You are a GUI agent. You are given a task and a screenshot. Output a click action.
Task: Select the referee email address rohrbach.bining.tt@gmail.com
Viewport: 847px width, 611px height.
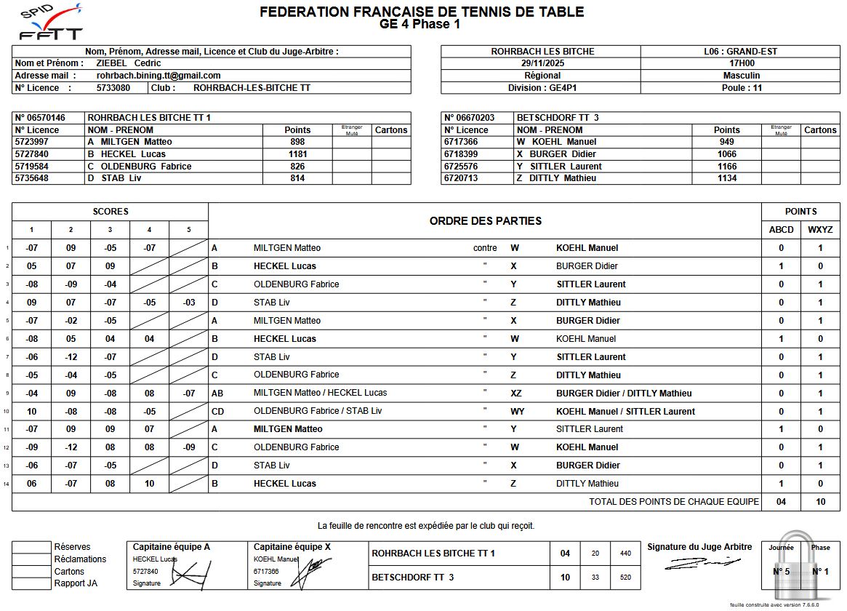click(x=158, y=76)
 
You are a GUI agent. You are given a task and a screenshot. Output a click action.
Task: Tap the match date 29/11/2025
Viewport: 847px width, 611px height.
click(x=542, y=63)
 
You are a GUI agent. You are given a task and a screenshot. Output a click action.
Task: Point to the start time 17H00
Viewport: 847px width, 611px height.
click(x=742, y=63)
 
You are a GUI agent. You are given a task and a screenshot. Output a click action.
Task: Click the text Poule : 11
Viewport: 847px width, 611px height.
click(x=742, y=88)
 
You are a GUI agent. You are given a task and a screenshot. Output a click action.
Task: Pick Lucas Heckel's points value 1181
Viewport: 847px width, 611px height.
click(x=297, y=154)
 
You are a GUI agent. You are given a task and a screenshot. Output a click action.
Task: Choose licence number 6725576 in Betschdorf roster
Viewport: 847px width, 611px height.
click(x=462, y=167)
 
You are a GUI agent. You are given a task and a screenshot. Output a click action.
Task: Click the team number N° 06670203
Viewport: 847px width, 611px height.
click(x=470, y=118)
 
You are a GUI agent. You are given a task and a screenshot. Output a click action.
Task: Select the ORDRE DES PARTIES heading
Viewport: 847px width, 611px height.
click(x=485, y=221)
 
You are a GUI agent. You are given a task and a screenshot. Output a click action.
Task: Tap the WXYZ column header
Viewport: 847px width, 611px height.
click(x=820, y=230)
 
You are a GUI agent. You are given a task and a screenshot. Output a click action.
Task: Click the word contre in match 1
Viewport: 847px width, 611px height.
click(x=485, y=248)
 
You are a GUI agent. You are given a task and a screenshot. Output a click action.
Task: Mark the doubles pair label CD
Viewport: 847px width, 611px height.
click(x=217, y=411)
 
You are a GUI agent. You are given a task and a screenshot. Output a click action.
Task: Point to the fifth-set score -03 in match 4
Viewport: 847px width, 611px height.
click(x=188, y=303)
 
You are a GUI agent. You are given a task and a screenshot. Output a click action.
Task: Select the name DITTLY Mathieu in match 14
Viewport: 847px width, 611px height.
click(x=587, y=484)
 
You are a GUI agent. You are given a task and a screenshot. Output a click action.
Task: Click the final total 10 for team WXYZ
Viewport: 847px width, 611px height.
click(x=820, y=502)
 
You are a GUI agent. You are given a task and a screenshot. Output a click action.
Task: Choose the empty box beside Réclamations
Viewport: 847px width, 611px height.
click(x=31, y=559)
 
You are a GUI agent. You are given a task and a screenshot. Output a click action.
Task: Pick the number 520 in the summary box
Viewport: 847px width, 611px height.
click(x=625, y=578)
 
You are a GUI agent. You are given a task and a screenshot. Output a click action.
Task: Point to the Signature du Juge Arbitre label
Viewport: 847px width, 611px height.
click(x=699, y=547)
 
